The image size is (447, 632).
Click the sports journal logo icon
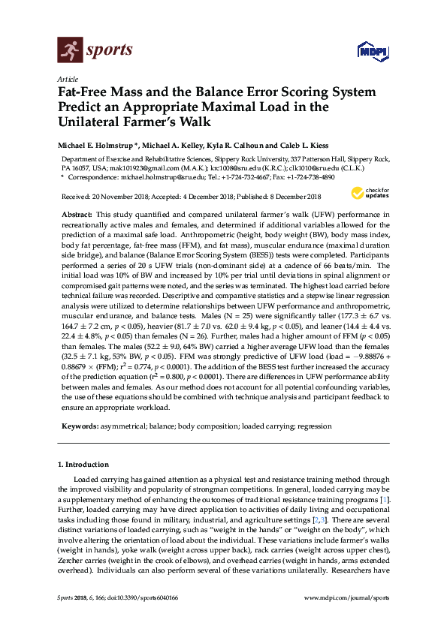69,51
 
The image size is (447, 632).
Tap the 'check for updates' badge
374,193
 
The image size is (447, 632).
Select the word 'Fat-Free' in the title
86,92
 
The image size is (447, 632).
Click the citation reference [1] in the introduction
384,499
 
